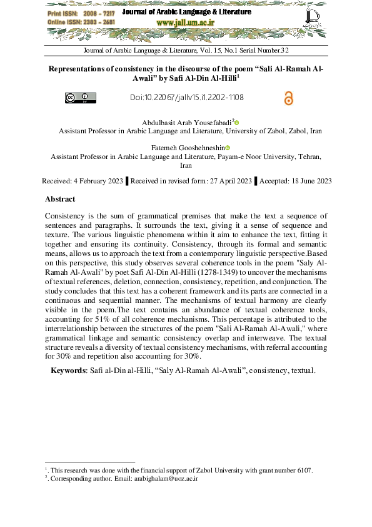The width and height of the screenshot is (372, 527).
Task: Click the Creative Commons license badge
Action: pyautogui.click(x=81, y=98)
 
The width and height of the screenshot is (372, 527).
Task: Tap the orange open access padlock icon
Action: pyautogui.click(x=288, y=98)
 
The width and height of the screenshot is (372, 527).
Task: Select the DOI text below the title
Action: pyautogui.click(x=187, y=98)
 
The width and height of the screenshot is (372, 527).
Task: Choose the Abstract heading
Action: pyautogui.click(x=60, y=199)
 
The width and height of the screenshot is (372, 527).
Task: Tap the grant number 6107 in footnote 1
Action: pyautogui.click(x=304, y=470)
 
